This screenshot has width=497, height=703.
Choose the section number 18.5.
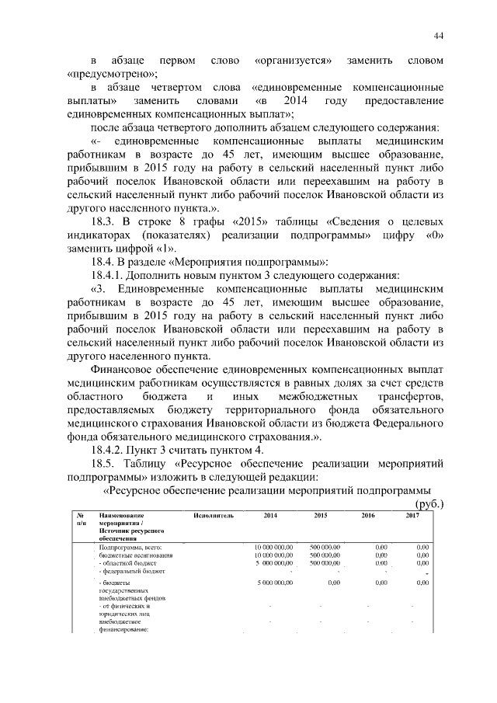[107, 464]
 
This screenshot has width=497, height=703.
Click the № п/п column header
[81, 519]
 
